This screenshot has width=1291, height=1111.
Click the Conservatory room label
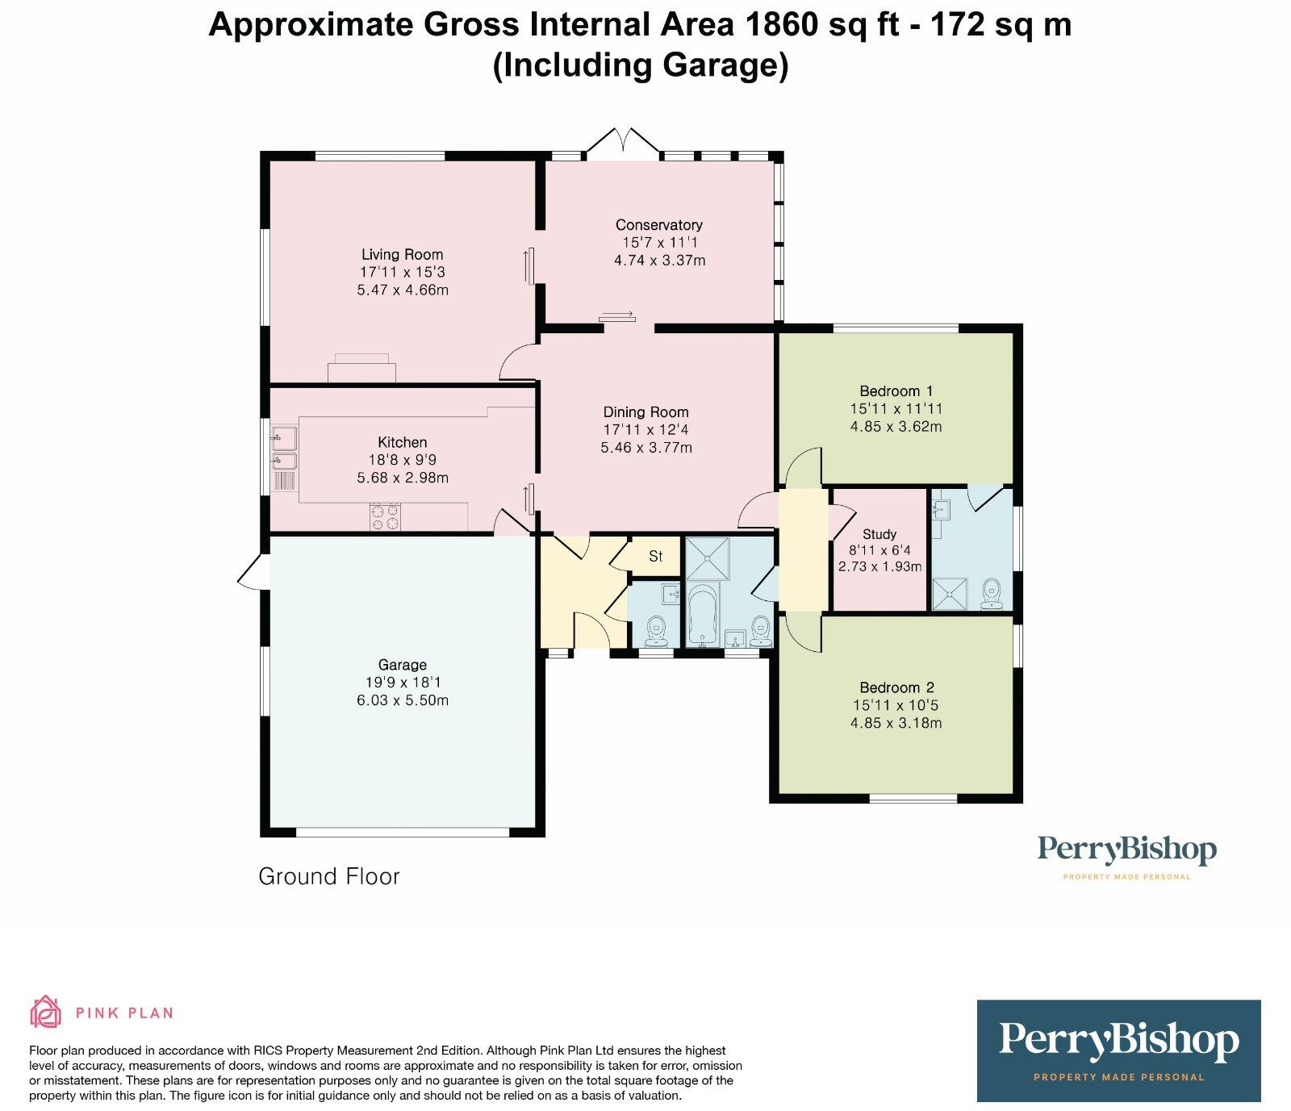pos(658,225)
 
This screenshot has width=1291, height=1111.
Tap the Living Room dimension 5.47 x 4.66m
pos(402,290)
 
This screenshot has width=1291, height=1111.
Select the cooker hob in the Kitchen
pos(385,516)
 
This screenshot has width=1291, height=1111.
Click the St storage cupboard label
pos(655,557)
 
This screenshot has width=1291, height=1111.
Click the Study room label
pos(879,534)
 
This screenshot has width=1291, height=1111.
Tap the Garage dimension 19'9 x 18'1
pos(402,683)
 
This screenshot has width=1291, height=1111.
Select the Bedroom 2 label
pos(896,687)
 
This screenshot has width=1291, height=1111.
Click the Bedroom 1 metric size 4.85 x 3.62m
pos(896,427)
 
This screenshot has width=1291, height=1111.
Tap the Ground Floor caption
pos(328,876)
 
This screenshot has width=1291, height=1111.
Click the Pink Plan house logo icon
pos(45,1012)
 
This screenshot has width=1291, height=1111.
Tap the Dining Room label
pos(645,412)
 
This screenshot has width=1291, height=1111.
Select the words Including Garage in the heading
pos(640,65)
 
